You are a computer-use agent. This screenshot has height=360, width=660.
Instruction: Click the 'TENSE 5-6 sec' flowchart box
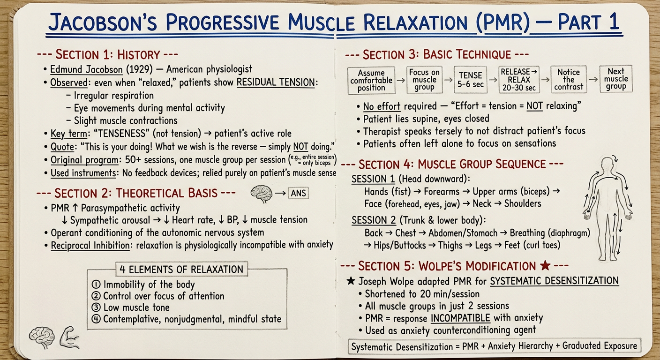pyautogui.click(x=470, y=80)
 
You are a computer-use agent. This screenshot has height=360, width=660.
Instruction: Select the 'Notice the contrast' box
pyautogui.click(x=569, y=80)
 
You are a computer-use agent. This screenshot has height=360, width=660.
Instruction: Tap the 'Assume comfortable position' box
pyautogui.click(x=371, y=81)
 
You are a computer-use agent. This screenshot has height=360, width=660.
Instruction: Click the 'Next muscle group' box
pyautogui.click(x=616, y=79)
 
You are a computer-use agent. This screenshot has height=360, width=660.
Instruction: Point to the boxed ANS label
pyautogui.click(x=298, y=193)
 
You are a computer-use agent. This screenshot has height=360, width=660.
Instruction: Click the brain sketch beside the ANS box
pyautogui.click(x=262, y=194)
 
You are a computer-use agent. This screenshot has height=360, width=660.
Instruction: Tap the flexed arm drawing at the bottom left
pyautogui.click(x=69, y=337)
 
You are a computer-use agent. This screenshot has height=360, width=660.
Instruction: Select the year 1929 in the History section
pyautogui.click(x=139, y=69)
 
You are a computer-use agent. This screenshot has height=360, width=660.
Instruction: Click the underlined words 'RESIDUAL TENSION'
pyautogui.click(x=276, y=82)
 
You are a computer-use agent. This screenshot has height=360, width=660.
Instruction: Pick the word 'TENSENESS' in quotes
pyautogui.click(x=121, y=134)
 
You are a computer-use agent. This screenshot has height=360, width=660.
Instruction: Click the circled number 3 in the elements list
pyautogui.click(x=96, y=307)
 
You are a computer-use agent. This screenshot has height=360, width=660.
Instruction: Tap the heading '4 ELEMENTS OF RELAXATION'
pyautogui.click(x=181, y=269)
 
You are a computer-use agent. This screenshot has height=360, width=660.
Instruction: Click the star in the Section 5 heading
pyautogui.click(x=545, y=265)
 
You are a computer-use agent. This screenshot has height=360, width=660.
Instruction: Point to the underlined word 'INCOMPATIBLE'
pyautogui.click(x=460, y=318)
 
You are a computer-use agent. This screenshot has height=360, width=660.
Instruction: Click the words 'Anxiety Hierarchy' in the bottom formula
pyautogui.click(x=520, y=346)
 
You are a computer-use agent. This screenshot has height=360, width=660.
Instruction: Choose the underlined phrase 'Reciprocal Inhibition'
pyautogui.click(x=90, y=246)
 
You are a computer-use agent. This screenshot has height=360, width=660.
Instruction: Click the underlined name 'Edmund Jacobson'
pyautogui.click(x=86, y=69)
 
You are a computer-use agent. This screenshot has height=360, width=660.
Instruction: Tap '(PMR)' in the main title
pyautogui.click(x=503, y=22)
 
